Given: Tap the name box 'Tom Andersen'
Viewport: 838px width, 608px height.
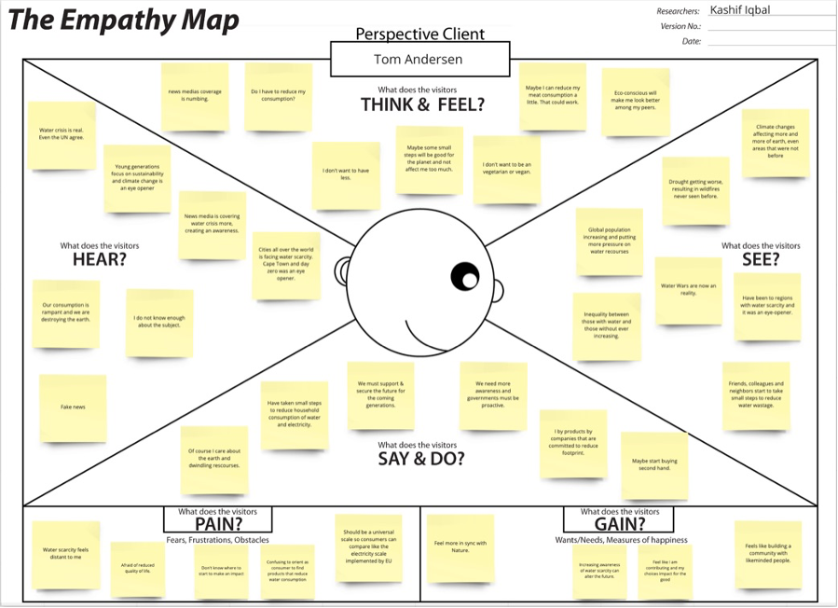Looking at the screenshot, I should [419, 60].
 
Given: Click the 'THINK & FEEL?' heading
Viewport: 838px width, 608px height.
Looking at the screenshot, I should [422, 104].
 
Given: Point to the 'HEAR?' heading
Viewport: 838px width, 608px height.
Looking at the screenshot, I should [99, 259].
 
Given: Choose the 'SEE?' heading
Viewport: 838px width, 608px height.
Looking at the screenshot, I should [760, 259].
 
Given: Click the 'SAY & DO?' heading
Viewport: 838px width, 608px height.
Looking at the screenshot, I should [420, 458].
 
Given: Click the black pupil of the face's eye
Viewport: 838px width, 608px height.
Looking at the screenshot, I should [463, 276].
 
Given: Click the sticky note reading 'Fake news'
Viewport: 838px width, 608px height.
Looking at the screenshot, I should [72, 408].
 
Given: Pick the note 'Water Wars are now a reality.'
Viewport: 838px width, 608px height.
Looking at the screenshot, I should [688, 290].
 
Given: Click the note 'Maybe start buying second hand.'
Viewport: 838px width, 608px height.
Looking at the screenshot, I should [654, 463].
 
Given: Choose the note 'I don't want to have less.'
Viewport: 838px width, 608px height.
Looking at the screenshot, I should [345, 174].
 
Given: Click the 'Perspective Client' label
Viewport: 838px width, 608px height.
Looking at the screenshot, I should [419, 35].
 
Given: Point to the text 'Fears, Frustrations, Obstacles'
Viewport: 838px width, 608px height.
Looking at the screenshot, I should [217, 540].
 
